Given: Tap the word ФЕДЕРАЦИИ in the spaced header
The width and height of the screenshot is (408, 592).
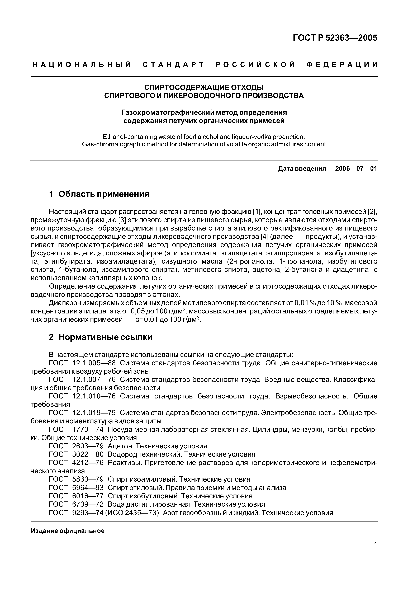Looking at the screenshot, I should [x=342, y=65].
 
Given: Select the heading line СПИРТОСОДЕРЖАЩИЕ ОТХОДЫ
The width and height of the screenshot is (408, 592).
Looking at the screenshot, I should [x=204, y=87].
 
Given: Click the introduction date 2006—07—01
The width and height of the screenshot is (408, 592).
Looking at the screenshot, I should [x=356, y=169].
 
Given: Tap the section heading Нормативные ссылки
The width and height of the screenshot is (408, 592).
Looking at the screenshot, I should [x=105, y=337].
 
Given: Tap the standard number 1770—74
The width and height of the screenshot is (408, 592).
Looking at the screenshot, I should [x=88, y=429].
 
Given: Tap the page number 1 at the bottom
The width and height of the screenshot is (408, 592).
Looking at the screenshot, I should [x=375, y=551].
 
